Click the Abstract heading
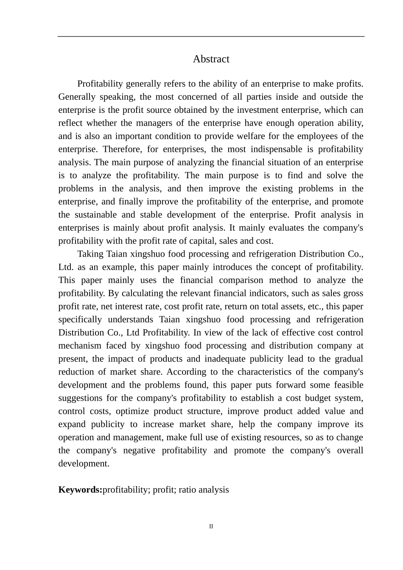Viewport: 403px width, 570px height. (211, 59)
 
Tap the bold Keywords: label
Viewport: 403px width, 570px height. (80, 490)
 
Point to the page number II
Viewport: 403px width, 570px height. (211, 527)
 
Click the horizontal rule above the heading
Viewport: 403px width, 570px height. (211, 36)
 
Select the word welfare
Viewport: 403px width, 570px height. (264, 136)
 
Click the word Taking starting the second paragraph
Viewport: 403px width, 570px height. (90, 254)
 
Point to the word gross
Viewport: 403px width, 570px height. (353, 293)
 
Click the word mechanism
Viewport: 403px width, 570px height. (79, 346)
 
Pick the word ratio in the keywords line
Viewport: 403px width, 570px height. (187, 490)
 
